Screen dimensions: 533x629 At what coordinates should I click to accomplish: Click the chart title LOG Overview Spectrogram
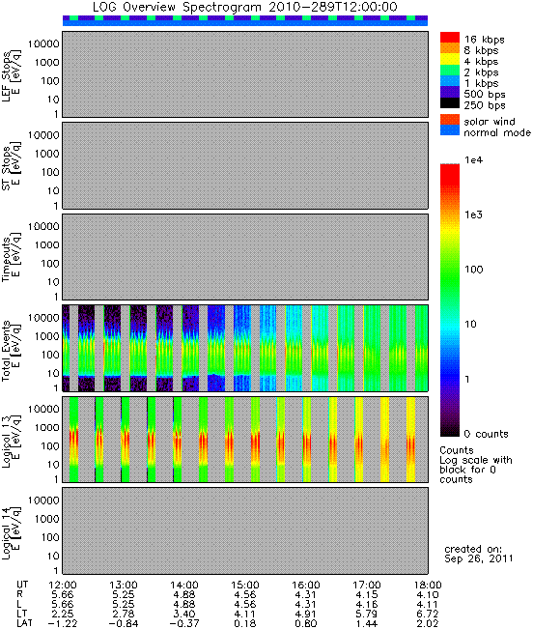[x=177, y=7]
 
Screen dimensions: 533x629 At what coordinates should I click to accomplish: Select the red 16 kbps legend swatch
[x=450, y=38]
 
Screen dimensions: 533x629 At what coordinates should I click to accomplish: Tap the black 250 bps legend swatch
[x=450, y=103]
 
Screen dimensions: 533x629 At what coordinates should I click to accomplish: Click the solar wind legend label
[x=490, y=121]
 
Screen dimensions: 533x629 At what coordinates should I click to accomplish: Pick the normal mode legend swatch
[x=450, y=130]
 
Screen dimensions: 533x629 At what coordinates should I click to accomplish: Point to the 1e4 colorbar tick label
[x=474, y=160]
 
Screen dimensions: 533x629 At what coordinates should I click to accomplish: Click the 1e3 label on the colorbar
[x=474, y=214]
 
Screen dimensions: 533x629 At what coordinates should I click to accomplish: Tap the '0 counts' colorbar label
[x=486, y=434]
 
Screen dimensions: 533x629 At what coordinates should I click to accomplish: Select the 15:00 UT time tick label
[x=245, y=586]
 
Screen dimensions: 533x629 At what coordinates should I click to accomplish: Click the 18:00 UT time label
[x=428, y=586]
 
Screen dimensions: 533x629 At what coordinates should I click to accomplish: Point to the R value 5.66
[x=63, y=595]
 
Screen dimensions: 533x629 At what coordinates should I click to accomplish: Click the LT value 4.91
[x=306, y=615]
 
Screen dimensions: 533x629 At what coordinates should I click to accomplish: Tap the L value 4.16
[x=367, y=605]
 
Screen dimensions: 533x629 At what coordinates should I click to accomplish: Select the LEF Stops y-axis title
[x=11, y=74]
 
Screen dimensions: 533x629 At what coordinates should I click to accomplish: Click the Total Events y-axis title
[x=11, y=350]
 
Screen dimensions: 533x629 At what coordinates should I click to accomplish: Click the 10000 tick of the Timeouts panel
[x=43, y=227]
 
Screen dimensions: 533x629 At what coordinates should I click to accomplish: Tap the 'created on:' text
[x=473, y=549]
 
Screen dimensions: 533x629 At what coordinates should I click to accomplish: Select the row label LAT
[x=24, y=624]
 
